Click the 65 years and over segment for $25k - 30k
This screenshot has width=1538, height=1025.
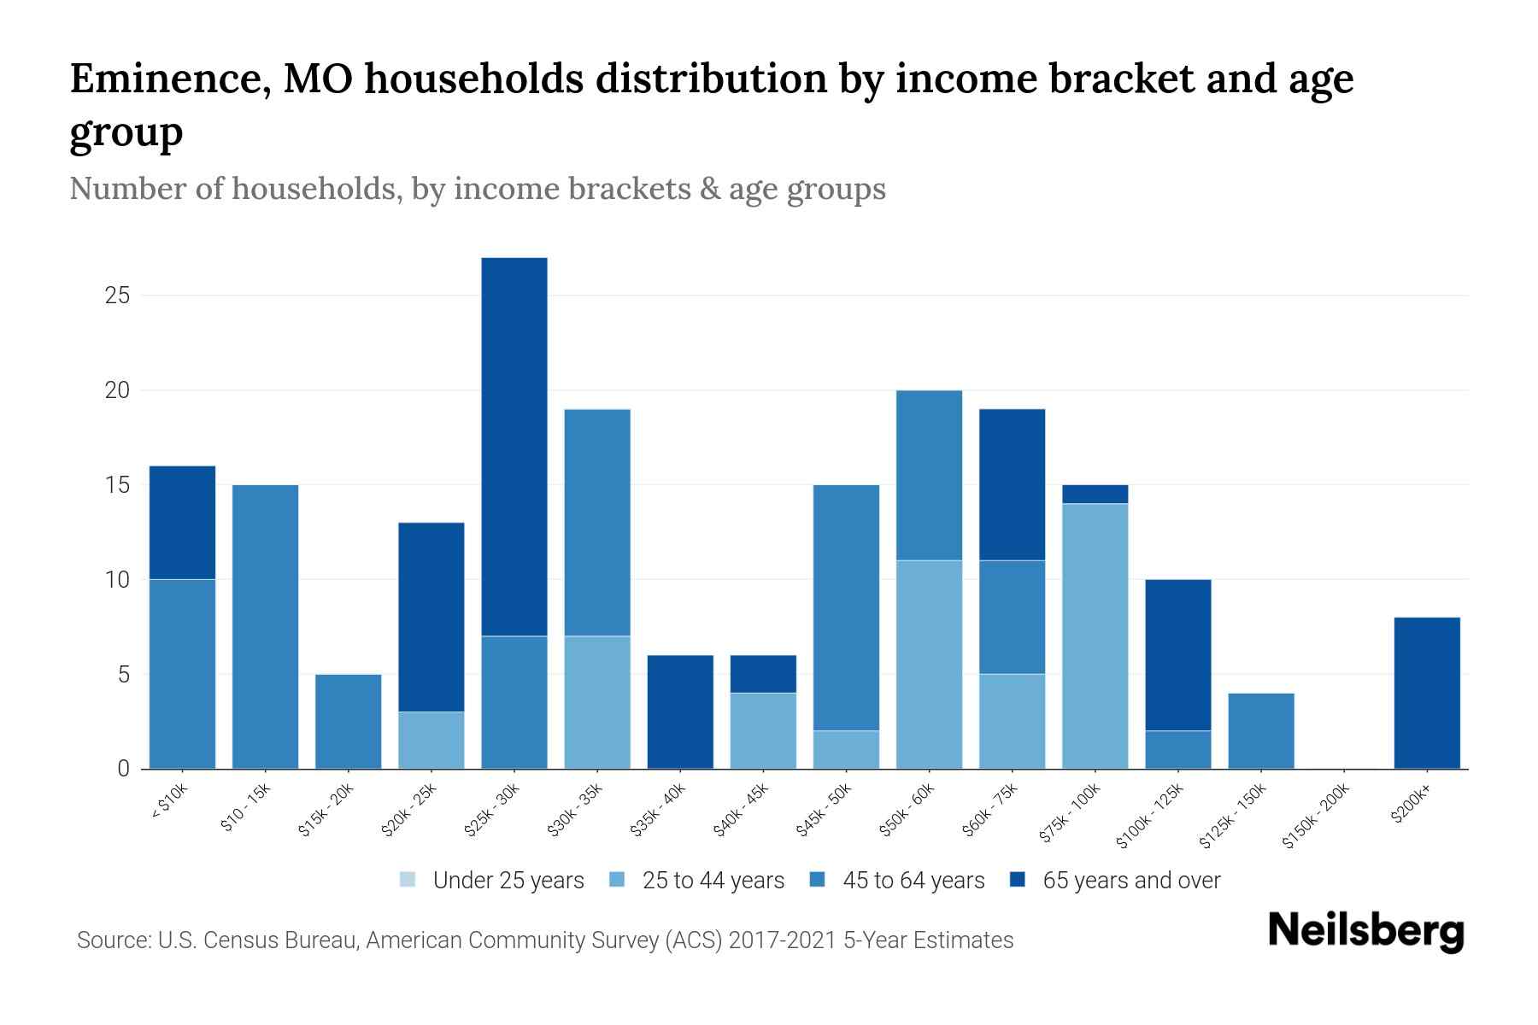(x=514, y=446)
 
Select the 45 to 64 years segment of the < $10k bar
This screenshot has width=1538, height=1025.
(x=182, y=673)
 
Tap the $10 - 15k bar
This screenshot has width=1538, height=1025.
(x=265, y=626)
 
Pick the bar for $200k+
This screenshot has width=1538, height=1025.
(x=1427, y=692)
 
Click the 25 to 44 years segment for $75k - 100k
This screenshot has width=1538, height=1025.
(x=1095, y=635)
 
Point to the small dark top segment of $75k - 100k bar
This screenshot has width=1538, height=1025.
(x=1095, y=495)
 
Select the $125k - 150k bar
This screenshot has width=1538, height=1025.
(x=1261, y=730)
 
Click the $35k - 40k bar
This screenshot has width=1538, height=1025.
(x=680, y=712)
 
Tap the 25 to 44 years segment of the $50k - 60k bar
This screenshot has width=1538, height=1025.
(x=929, y=664)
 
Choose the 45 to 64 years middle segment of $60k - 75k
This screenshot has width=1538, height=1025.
(x=1012, y=617)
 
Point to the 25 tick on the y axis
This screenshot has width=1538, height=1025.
(x=117, y=296)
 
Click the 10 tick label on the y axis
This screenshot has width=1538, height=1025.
(x=117, y=580)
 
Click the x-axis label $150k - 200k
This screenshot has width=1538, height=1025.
(x=1316, y=817)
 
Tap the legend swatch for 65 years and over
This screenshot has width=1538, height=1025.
(x=1018, y=880)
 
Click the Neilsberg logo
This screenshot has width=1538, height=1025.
(x=1365, y=931)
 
